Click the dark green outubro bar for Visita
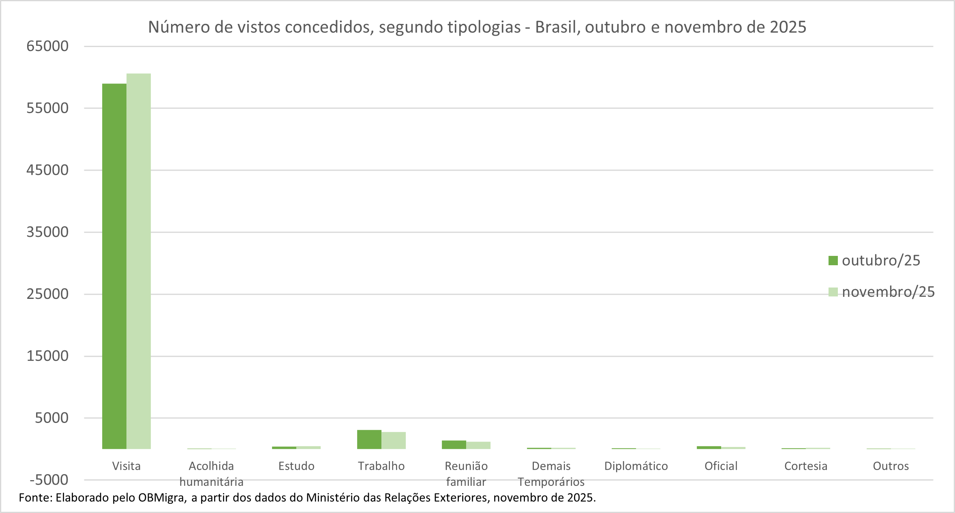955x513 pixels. [114, 266]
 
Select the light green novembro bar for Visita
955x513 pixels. [139, 261]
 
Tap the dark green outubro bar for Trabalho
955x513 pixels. [369, 440]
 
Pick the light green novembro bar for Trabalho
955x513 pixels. [394, 441]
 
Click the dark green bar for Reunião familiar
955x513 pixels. [454, 445]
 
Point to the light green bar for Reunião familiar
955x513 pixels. [478, 445]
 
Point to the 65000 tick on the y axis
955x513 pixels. [47, 46]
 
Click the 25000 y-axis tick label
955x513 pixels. [47, 294]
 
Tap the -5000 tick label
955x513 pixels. [49, 480]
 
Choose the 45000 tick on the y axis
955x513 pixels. [47, 170]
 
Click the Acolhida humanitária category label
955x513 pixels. [211, 474]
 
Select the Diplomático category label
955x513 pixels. [636, 466]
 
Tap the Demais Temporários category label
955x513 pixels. [551, 474]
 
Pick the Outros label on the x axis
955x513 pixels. [891, 466]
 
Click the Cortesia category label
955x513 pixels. [805, 466]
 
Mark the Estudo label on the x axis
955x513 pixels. [296, 466]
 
